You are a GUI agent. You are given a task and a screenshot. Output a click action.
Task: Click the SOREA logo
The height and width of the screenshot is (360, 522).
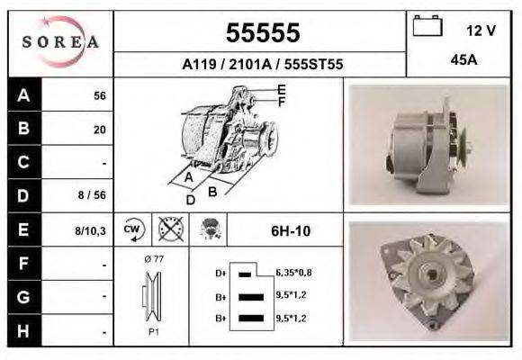[x=60, y=41]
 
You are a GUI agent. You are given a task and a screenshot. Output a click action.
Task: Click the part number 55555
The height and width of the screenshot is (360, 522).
[x=263, y=32]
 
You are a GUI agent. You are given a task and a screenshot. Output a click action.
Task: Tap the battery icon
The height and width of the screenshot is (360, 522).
[x=427, y=25]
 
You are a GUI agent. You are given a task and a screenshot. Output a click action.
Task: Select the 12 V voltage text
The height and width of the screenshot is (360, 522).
[x=481, y=31]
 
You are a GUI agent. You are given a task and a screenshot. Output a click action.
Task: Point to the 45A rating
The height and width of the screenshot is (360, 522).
[x=463, y=60]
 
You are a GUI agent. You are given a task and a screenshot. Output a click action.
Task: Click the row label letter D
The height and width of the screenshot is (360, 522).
[x=23, y=196]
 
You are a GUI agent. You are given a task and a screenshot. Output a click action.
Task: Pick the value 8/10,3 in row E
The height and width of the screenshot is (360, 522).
[x=90, y=230]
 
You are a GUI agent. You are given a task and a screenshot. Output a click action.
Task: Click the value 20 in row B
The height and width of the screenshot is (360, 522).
[x=100, y=130]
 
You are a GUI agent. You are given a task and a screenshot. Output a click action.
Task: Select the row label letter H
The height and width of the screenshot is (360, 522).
[x=23, y=330]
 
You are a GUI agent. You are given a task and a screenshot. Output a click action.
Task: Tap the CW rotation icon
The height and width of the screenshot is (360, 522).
[x=133, y=229]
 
